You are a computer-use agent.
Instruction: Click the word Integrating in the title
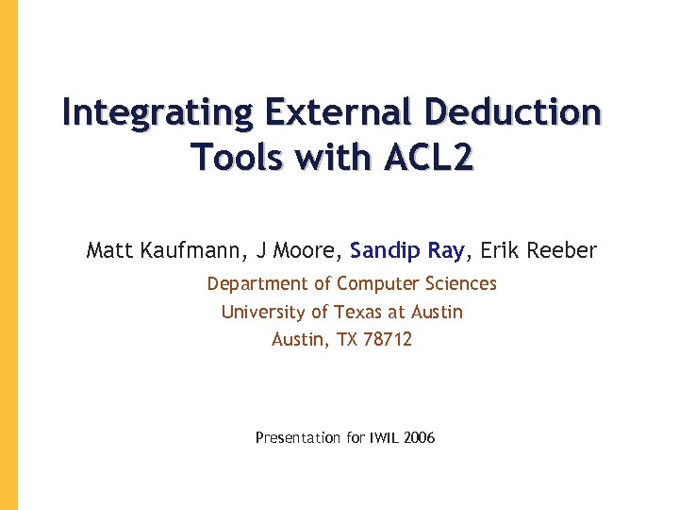point(157,112)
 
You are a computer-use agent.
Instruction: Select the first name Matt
point(108,250)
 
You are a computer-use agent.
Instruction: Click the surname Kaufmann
point(188,250)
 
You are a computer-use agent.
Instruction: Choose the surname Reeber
point(563,250)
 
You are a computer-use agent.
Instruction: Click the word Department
point(251,284)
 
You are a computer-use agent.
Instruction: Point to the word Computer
point(378,284)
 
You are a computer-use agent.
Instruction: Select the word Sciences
point(460,284)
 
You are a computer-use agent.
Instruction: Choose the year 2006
point(419,438)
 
